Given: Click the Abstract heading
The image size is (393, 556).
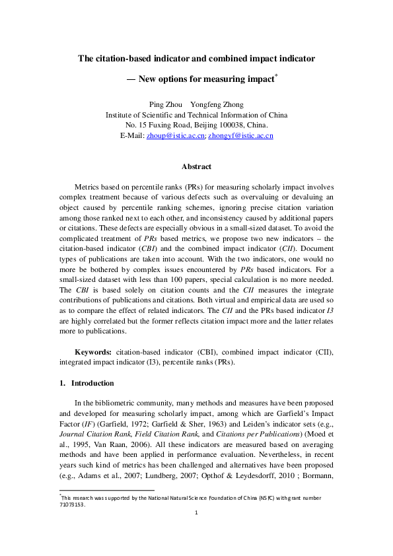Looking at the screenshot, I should pyautogui.click(x=196, y=167).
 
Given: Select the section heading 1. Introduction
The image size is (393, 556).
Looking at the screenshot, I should pyautogui.click(x=86, y=383).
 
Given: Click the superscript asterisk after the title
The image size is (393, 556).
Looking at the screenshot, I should pyautogui.click(x=275, y=76).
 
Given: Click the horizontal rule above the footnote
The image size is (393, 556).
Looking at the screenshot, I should pyautogui.click(x=106, y=491).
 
